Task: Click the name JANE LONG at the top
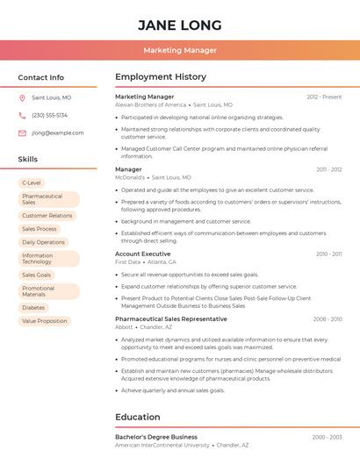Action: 180,25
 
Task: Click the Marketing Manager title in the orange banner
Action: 180,50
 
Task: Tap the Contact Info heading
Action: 40,77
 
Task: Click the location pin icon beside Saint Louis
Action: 22,97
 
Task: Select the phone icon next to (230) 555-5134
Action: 22,115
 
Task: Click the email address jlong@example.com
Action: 58,132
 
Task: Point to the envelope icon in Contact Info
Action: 22,132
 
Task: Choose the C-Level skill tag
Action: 32,182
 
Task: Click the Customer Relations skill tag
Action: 47,215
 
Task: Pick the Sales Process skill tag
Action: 40,229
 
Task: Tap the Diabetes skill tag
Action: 33,307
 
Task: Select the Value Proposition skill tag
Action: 45,321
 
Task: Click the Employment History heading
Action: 161,77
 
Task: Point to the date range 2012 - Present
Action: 324,97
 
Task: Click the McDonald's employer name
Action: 130,176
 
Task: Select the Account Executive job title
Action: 143,254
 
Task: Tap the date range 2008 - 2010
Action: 328,319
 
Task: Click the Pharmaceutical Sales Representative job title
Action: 170,318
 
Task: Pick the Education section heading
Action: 138,417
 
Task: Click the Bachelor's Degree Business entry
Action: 156,436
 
